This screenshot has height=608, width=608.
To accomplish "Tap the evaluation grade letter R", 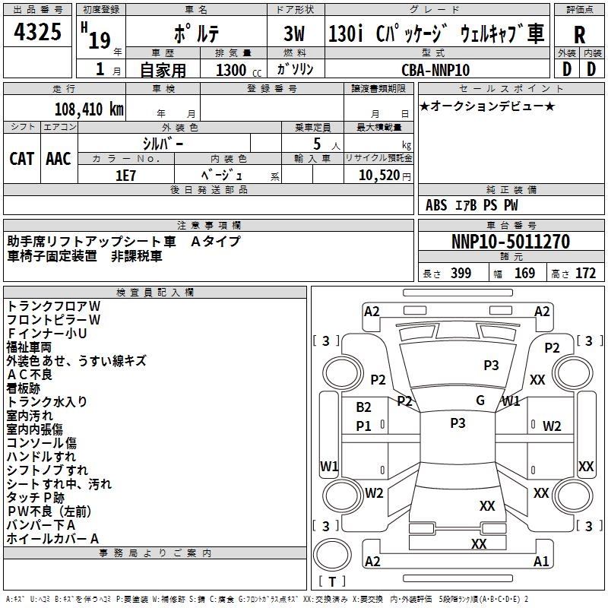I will (579, 35).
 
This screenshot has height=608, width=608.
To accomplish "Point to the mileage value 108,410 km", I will (88, 109).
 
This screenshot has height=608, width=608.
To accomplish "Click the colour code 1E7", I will (126, 175).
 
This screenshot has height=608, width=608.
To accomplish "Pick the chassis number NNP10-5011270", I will (511, 242).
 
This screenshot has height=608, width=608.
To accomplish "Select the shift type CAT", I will (21, 159).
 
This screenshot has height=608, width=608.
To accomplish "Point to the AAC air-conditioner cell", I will (59, 159).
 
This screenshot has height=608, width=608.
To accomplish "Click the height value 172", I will (585, 274).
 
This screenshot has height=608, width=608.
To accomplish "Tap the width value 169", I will (524, 274).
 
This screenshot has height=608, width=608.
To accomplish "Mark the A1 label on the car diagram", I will (541, 562).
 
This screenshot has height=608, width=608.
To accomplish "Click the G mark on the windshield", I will (480, 401).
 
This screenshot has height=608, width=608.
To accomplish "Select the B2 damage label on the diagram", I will (364, 407).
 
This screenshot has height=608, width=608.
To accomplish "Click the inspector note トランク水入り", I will (47, 401).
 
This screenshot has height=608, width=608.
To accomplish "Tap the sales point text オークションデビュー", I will (487, 106).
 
